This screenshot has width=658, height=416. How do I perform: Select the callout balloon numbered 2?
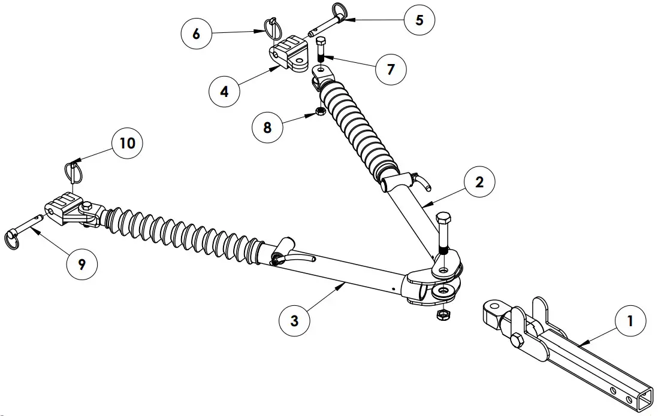click(x=479, y=183)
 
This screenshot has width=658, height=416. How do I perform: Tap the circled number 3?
click(x=294, y=320)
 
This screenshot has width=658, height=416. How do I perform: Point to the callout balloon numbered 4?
click(x=224, y=92)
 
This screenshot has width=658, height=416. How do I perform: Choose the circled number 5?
click(x=419, y=20)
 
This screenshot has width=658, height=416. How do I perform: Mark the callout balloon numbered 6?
click(x=197, y=34)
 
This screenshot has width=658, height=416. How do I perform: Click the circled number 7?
click(x=391, y=69)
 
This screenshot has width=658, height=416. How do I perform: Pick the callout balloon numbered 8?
click(x=267, y=127)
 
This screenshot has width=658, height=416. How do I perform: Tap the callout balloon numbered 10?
click(x=127, y=143)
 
